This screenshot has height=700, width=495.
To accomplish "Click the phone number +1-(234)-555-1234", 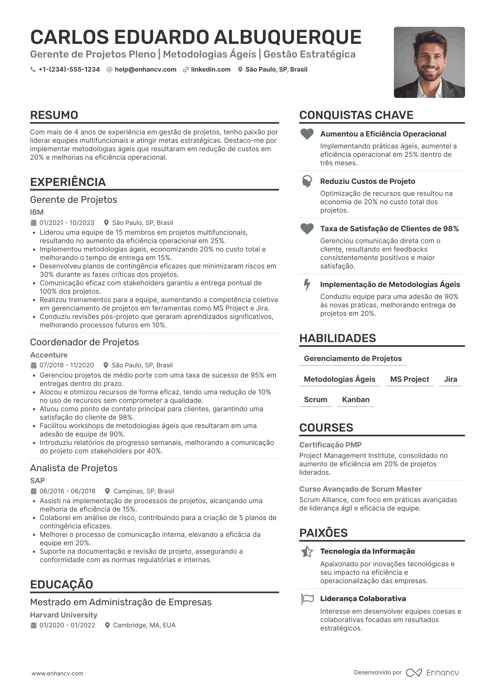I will click(x=69, y=69).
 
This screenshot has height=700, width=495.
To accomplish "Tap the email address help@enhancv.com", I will click(x=145, y=69).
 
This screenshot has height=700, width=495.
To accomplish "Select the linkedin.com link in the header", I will click(x=211, y=69).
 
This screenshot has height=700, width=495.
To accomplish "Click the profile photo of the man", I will click(x=429, y=62).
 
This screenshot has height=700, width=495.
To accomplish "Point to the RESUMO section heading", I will click(x=54, y=115).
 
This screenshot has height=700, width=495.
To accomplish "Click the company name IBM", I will click(x=37, y=212).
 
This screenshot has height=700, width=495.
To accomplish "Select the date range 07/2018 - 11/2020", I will click(x=67, y=365).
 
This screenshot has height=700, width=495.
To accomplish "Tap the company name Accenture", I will click(x=49, y=355).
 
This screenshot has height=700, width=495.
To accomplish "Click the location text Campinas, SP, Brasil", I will click(x=144, y=491).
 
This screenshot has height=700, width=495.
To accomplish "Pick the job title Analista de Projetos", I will click(x=74, y=468).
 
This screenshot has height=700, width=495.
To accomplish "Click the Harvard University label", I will click(x=64, y=615).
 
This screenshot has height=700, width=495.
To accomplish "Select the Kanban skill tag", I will click(x=356, y=400).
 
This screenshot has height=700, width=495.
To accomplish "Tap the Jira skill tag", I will click(x=450, y=379).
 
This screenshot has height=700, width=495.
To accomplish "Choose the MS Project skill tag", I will click(x=409, y=379).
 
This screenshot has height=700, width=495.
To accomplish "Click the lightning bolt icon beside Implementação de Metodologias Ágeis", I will click(x=307, y=285).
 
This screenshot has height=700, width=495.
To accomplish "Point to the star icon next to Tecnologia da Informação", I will click(x=307, y=552).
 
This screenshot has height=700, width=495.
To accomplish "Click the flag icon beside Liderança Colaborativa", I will click(x=307, y=599).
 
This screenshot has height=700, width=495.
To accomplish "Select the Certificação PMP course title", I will click(x=330, y=445).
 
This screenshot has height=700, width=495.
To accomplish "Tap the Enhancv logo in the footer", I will click(x=433, y=673).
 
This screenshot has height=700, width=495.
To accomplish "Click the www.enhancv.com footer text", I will click(x=58, y=673).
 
